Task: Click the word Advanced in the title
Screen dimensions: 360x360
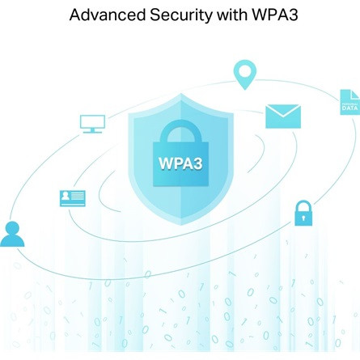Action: tap(108, 15)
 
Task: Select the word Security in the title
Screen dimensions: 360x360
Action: tap(181, 15)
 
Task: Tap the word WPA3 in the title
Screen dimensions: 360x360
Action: tap(275, 15)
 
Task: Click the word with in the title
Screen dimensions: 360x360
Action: tap(232, 15)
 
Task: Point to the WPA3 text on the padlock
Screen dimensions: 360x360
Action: tap(180, 163)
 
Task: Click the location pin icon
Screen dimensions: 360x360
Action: tap(245, 74)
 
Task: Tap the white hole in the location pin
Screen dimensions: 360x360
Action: tap(244, 71)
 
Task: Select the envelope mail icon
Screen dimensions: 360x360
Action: tap(283, 116)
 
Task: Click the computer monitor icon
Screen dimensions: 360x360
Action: tap(92, 124)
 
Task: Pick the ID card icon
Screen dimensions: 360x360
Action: tap(73, 198)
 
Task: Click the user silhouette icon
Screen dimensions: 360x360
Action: tap(12, 234)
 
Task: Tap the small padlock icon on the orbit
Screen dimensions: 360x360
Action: tap(303, 213)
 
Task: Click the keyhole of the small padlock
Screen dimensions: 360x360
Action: tap(303, 218)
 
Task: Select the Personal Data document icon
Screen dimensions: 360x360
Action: tap(350, 103)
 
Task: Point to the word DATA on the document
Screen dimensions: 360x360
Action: tap(349, 108)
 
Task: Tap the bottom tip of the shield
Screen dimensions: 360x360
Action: tap(181, 225)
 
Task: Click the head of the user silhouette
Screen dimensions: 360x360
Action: tap(12, 228)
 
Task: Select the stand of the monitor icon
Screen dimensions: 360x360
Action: tap(92, 131)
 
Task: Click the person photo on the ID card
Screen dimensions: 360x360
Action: tap(65, 196)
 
